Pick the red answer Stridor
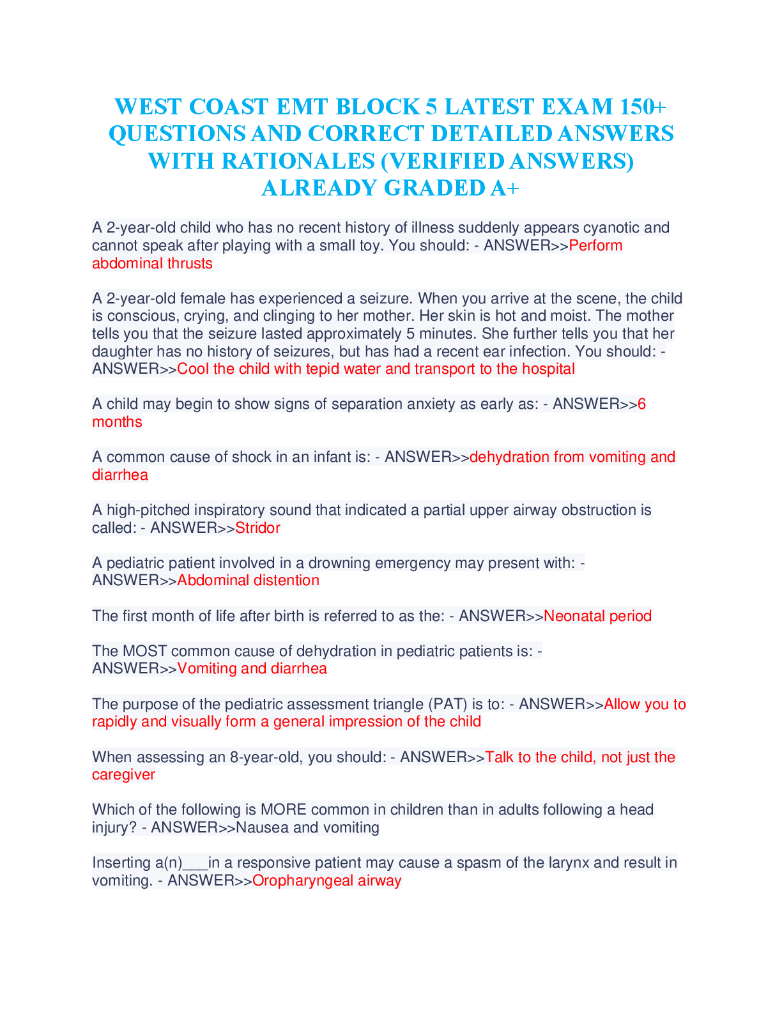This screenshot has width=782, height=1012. tap(257, 528)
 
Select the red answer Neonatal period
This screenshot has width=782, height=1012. tap(597, 616)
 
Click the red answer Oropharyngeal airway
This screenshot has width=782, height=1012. tap(326, 881)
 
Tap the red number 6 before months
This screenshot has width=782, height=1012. tap(641, 404)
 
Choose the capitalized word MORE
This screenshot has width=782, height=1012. tap(283, 809)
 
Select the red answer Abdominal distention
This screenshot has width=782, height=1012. tap(248, 580)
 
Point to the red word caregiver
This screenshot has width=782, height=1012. tap(123, 775)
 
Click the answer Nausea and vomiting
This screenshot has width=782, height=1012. tap(307, 828)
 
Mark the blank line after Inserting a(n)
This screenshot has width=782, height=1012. tap(195, 864)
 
